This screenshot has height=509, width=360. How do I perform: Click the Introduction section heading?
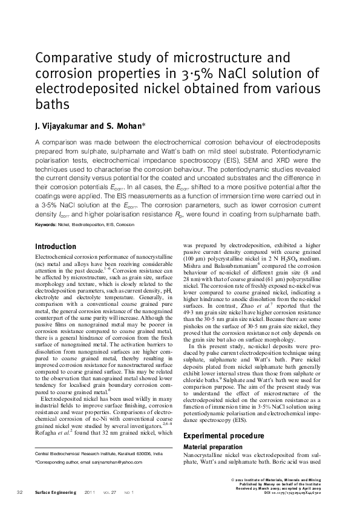click(56, 247)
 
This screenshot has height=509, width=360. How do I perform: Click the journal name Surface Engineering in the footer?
click(56, 493)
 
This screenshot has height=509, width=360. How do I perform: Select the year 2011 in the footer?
click(91, 493)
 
